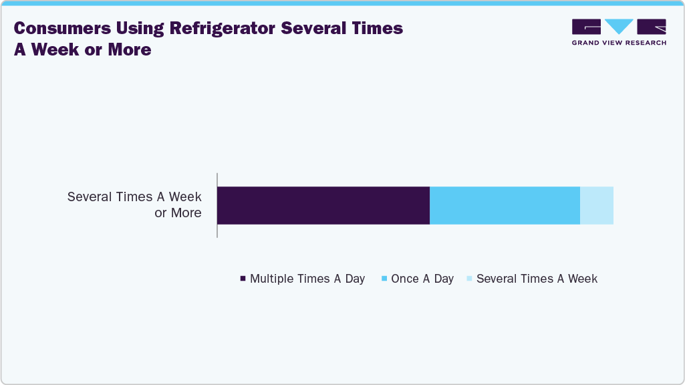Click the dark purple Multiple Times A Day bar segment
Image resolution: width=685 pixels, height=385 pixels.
pos(323,205)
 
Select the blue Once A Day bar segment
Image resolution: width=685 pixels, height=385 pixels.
pos(505,205)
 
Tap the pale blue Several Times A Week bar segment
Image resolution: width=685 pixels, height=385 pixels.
pos(596,205)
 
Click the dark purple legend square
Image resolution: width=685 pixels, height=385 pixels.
pos(243,279)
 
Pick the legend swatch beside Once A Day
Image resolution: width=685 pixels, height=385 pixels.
pos(384,279)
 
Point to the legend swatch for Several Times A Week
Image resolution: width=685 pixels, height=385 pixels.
pos(470,279)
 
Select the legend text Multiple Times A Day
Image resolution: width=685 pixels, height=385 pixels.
pos(307,279)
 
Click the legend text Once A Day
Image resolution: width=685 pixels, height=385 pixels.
pos(422,279)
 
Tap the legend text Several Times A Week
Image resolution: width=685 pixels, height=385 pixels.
pos(537,279)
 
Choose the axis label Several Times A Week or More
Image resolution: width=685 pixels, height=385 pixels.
pos(134,205)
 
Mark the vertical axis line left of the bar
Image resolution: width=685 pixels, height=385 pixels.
pos(217,205)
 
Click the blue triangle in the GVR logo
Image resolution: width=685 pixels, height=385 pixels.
pos(619,26)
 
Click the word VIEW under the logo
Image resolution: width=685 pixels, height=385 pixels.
pos(613,43)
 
